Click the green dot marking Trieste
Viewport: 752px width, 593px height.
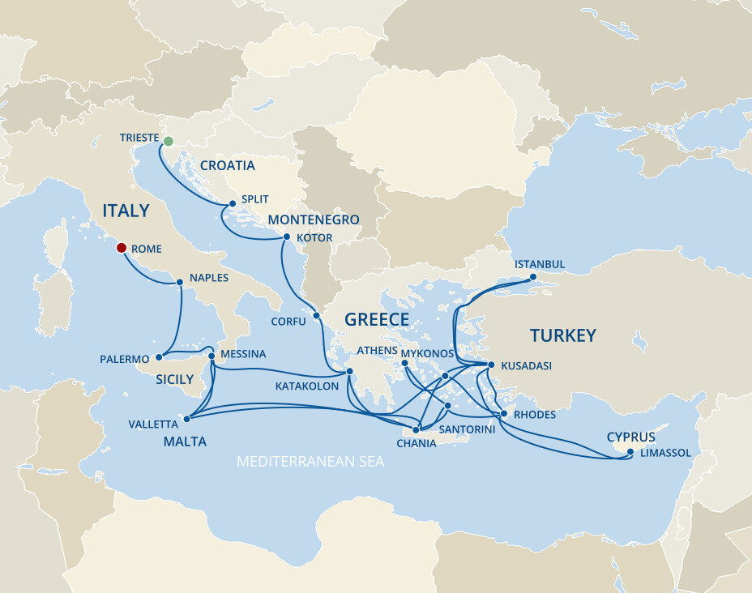coord(168,142)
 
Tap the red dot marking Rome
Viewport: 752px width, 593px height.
coord(121,248)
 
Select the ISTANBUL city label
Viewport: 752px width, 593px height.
coord(540,265)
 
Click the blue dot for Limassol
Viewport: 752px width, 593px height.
coord(630,452)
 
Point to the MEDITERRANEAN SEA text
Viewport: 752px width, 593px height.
coord(310,462)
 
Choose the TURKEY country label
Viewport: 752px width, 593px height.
coord(562,335)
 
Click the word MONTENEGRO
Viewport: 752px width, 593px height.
coord(314,220)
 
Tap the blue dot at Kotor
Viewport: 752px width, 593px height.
coord(286,237)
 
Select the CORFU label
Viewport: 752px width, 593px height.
coord(288,322)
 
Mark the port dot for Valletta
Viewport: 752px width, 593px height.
coord(187,419)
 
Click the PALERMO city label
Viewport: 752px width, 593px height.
coord(125,359)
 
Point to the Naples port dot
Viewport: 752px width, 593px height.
coord(180,283)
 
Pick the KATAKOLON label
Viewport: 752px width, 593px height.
coord(306,386)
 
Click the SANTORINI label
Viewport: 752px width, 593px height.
coord(466,429)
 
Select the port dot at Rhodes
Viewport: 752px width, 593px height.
coord(504,414)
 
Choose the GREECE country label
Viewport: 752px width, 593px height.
coord(377,319)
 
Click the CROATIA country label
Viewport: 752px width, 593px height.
coord(227,166)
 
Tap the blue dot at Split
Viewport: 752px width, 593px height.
coord(232,203)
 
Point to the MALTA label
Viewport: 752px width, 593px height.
coord(185,442)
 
